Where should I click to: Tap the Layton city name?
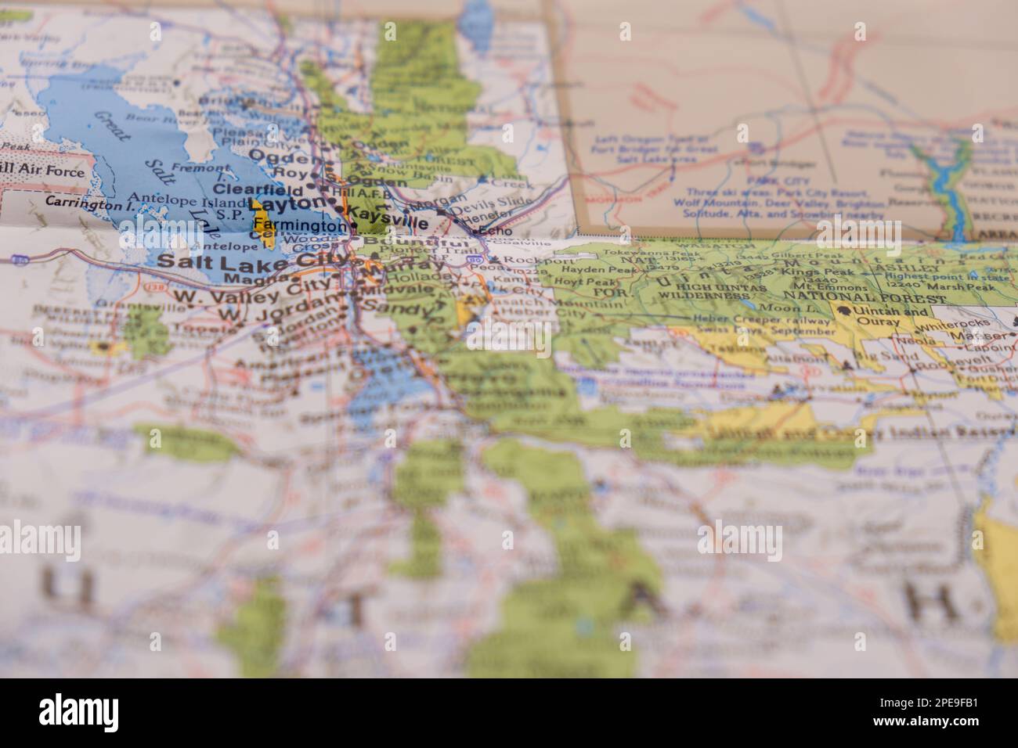point(287,206)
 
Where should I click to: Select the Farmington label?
point(300,226)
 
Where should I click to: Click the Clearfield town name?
point(258,189)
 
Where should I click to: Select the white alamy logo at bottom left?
point(79,711)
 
